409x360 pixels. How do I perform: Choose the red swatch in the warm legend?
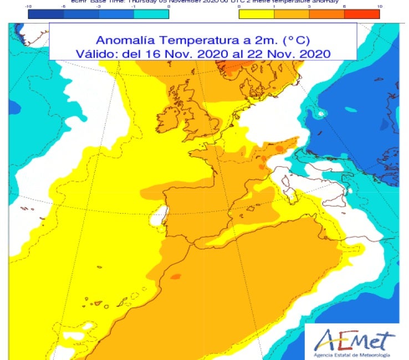(362, 15)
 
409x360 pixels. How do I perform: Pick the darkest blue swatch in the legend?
(45, 15)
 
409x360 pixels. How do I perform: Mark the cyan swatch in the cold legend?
(151, 15)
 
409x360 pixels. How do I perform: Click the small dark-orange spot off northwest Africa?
(175, 276)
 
